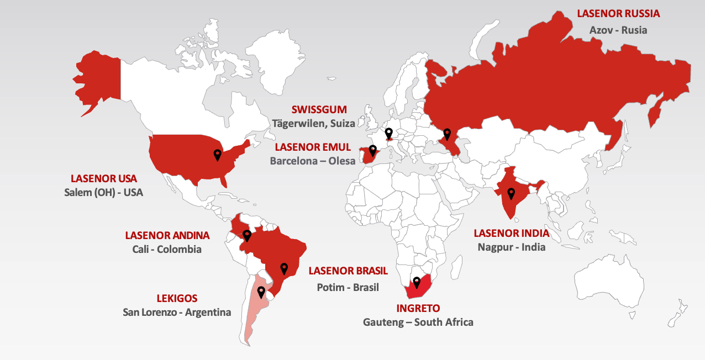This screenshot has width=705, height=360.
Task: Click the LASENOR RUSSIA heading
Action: click(x=618, y=13)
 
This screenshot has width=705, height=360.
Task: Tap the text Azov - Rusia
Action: click(x=618, y=30)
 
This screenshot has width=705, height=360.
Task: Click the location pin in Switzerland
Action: click(x=389, y=133)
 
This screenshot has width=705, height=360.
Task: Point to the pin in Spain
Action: click(x=372, y=150)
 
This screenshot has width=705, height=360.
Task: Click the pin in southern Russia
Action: click(x=447, y=134)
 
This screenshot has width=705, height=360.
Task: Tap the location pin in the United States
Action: click(x=218, y=155)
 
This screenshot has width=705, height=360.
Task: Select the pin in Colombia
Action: click(x=247, y=236)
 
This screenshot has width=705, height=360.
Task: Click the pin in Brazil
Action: click(x=284, y=268)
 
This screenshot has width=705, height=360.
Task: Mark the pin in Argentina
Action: click(x=261, y=292)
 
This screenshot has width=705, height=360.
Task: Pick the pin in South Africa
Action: click(x=417, y=283)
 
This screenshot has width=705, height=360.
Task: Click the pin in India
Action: click(x=511, y=193)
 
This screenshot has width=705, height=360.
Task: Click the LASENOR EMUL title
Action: click(x=313, y=147)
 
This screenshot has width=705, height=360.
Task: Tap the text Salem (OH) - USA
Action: click(x=103, y=193)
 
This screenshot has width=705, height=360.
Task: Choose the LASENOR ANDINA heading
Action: click(x=167, y=235)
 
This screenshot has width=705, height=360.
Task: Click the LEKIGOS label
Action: click(x=177, y=298)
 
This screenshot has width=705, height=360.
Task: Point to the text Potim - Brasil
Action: click(x=348, y=287)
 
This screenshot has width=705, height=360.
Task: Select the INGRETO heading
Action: click(x=418, y=308)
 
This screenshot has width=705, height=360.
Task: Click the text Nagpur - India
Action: click(x=511, y=247)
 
